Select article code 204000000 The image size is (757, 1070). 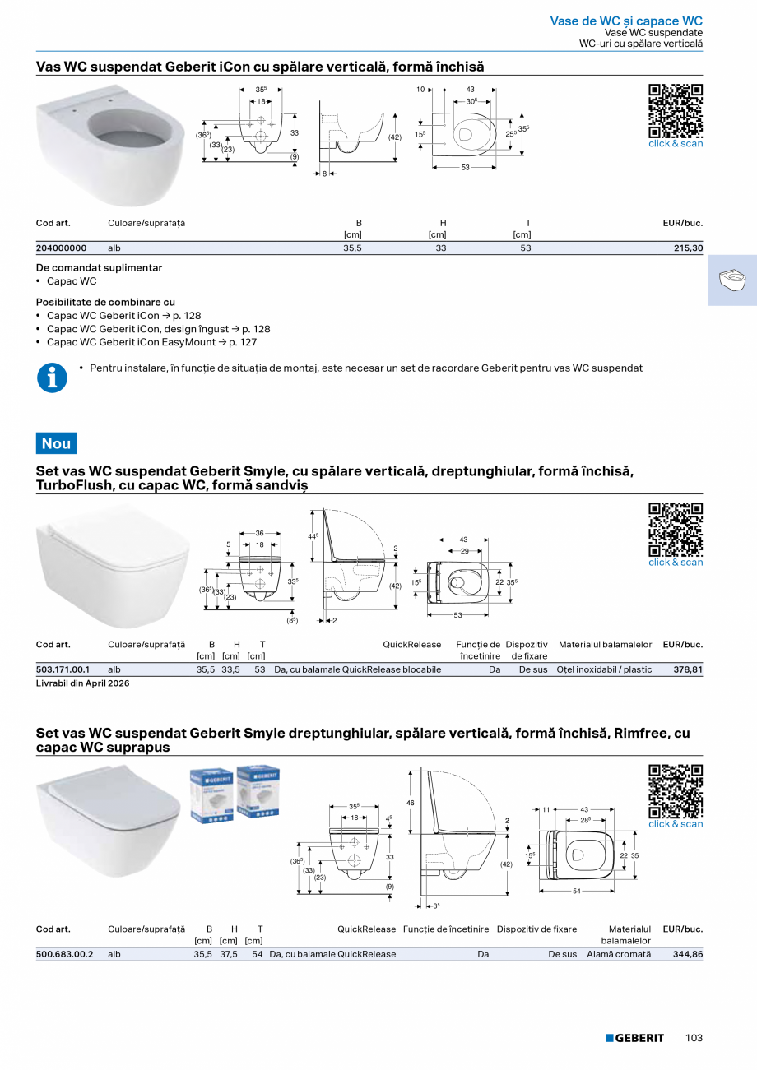61,248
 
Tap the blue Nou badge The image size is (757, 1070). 56,443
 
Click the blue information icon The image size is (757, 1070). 52,378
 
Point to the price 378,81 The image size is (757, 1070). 688,669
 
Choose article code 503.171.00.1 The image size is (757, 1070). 63,669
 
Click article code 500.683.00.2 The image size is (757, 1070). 64,954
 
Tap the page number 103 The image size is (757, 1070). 694,1038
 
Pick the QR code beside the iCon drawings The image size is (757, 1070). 676,111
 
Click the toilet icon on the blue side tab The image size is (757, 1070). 731,280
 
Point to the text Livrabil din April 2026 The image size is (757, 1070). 83,683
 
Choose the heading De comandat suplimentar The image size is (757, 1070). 99,267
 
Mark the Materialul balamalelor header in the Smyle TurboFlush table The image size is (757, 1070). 605,645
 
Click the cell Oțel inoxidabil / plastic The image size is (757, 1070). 604,669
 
